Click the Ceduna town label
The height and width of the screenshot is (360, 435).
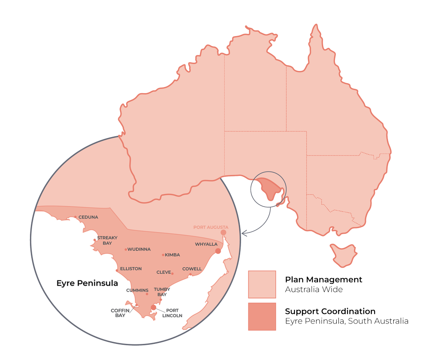pos(88,217)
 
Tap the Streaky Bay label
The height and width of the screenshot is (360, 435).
pos(105,240)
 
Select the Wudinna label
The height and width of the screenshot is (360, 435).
pos(139,249)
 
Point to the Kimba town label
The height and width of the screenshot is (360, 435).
pos(172,255)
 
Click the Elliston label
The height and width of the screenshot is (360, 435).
pos(130,269)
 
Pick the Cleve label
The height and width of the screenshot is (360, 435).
pos(164,273)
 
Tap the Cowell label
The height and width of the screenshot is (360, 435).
pos(192,269)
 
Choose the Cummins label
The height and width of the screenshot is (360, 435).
pos(137,290)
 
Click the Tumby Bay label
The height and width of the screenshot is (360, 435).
pos(161,291)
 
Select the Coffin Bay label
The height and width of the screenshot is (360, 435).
pos(118,313)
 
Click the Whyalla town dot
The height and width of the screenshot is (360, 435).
pos(218,251)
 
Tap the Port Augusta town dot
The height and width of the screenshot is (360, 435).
pos(224,232)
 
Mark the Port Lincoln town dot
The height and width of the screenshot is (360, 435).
pos(153,308)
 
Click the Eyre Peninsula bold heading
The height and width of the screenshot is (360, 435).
pos(87,283)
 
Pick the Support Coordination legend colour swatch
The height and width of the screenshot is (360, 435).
pos(262,316)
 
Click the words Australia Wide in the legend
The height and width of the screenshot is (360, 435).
pos(314,289)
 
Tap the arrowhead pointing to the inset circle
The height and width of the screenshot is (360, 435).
pos(244,233)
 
